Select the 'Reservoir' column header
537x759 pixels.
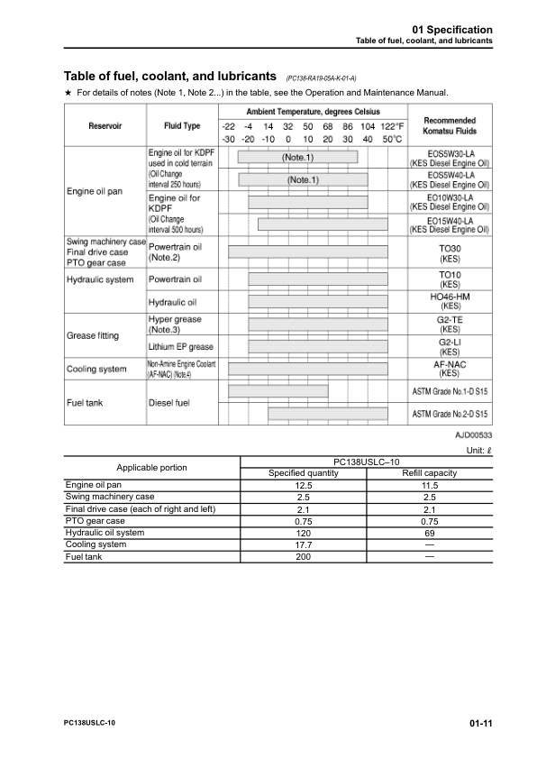105,126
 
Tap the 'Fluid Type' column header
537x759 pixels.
182,126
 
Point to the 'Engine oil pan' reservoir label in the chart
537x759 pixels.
95,191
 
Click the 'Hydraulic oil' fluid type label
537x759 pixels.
172,302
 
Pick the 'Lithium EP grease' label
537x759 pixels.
180,346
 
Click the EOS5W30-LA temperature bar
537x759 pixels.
297,157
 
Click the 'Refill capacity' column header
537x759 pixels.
429,473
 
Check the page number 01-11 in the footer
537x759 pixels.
479,723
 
